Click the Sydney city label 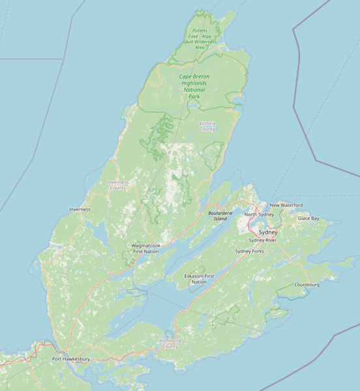tap(267, 232)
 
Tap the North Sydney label tap(259, 215)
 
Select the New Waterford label tap(286, 205)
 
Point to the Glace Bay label tap(308, 219)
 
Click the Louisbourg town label tap(307, 285)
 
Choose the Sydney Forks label tap(249, 251)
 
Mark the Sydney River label tap(262, 240)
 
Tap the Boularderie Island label tap(220, 216)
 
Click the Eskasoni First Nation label tap(199, 279)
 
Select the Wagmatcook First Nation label tap(145, 249)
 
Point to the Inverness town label tap(80, 210)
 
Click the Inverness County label tap(117, 185)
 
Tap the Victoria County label tap(207, 126)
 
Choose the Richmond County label tap(170, 343)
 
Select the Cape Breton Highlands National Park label tap(194, 87)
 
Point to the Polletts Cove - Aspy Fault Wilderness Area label tap(200, 39)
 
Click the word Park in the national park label tap(194, 97)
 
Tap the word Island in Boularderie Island tap(220, 219)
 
